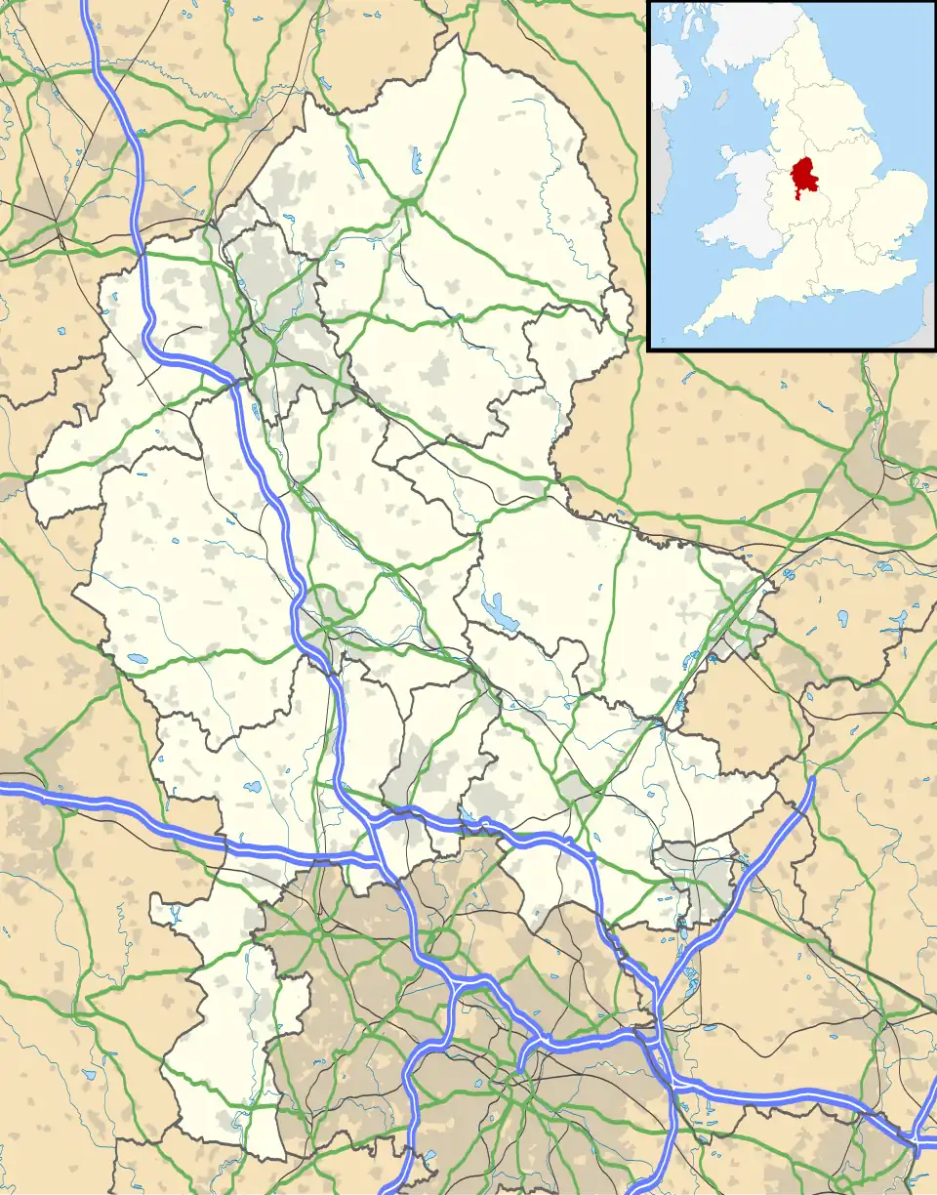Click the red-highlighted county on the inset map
point(804,176)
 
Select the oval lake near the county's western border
point(138,659)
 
